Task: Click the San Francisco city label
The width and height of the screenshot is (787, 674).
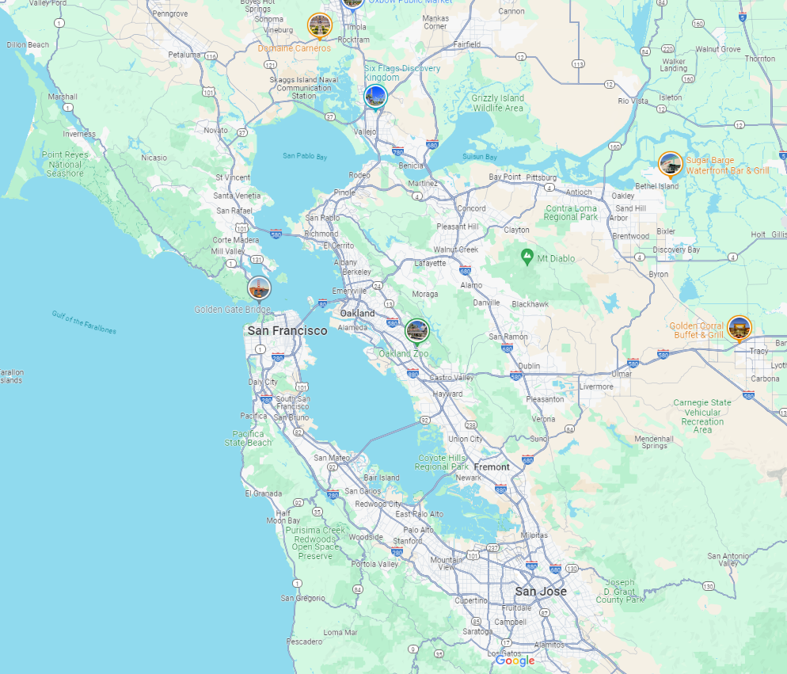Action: [287, 330]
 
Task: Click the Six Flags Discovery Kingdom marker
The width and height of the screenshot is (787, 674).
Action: [375, 97]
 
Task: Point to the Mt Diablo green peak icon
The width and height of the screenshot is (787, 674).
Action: [527, 257]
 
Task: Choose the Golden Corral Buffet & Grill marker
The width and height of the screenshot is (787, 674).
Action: [739, 328]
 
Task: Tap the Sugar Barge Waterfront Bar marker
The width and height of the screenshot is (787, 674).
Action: [671, 165]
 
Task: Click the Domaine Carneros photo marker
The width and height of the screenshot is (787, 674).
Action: [320, 26]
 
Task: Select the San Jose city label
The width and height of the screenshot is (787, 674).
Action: [541, 591]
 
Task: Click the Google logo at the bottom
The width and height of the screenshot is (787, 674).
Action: [515, 661]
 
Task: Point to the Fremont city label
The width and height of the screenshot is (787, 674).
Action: [492, 466]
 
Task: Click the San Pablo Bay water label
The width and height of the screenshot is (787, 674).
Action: [305, 156]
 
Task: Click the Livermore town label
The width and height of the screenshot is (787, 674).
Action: [596, 387]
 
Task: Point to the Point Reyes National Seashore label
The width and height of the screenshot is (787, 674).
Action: [64, 164]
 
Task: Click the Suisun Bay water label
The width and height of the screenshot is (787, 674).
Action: [479, 157]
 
